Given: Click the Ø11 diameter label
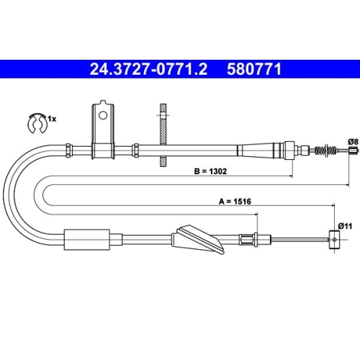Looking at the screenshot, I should pos(344,225).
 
